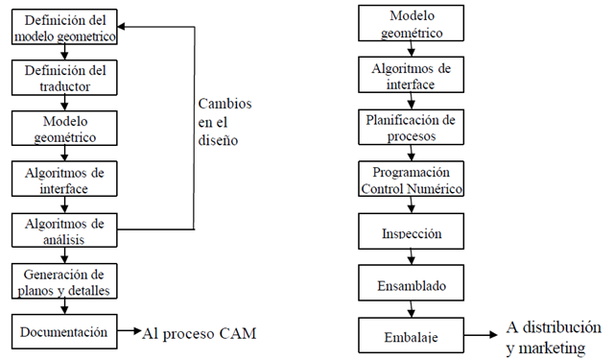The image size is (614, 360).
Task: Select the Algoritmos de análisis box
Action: pos(63,229)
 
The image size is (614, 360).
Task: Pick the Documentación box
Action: pos(63,332)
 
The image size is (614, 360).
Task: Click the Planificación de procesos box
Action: pos(412,128)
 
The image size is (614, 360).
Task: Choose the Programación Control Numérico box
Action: pos(412,179)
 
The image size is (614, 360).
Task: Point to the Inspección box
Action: pos(412,231)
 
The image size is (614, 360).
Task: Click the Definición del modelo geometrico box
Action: pos(63,27)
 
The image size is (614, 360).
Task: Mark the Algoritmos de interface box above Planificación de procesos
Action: pos(412,75)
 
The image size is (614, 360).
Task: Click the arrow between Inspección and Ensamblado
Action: pos(412,258)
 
